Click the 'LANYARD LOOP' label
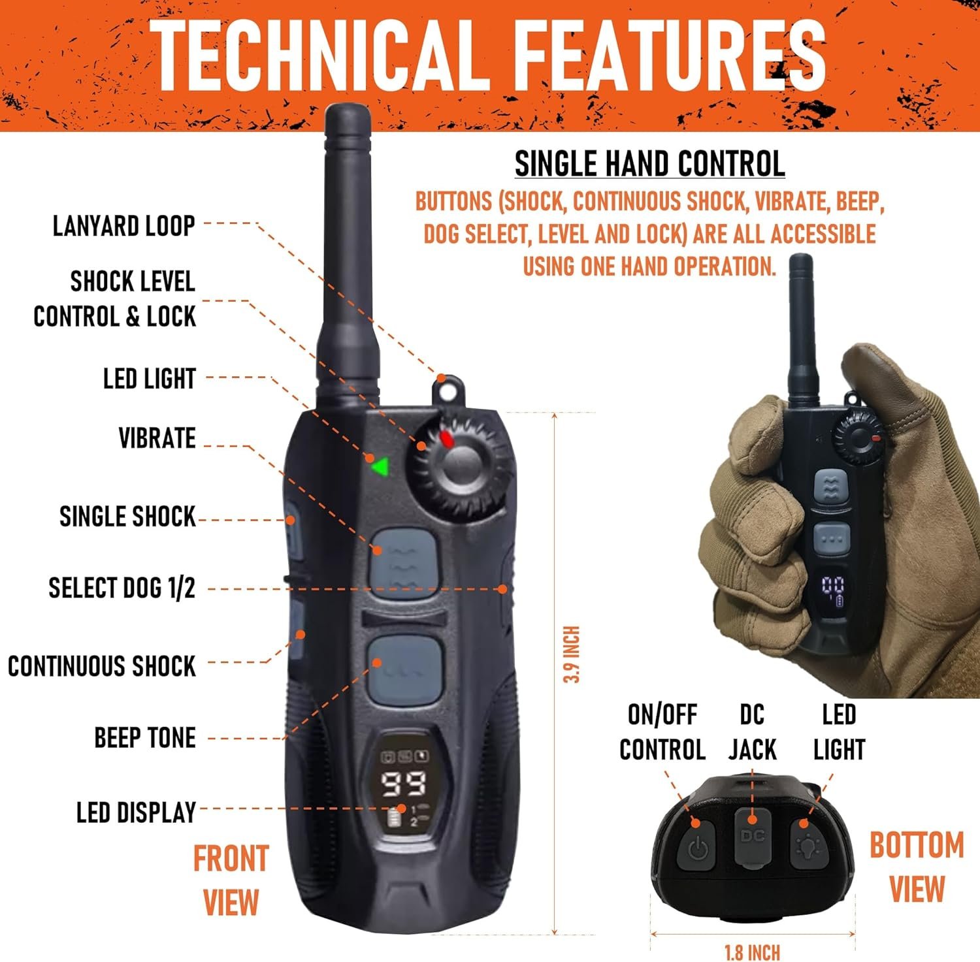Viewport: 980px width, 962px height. click(124, 226)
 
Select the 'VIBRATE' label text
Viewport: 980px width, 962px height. click(157, 438)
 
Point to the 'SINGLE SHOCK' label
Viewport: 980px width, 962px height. click(127, 517)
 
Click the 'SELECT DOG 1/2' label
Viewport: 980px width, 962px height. click(122, 588)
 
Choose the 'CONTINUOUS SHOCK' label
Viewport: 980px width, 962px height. click(102, 666)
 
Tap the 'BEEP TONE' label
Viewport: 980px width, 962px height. click(145, 738)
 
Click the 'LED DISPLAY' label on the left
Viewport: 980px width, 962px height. click(136, 812)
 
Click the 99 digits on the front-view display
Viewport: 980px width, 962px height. click(403, 784)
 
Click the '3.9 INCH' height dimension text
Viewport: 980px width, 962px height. click(572, 654)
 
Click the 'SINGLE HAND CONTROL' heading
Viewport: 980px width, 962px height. click(649, 164)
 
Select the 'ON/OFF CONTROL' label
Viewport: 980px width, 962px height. click(662, 733)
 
